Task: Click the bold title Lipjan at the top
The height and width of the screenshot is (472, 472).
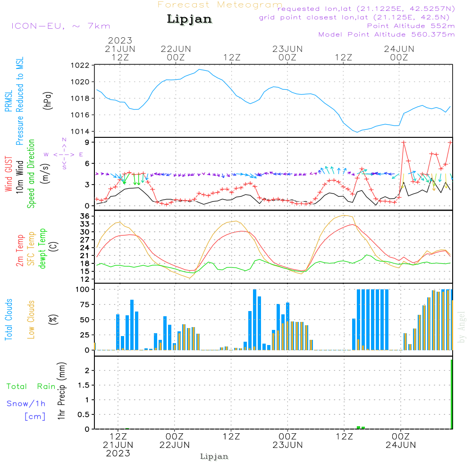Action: pyautogui.click(x=189, y=19)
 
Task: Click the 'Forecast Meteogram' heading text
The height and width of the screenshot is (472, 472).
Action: pyautogui.click(x=220, y=5)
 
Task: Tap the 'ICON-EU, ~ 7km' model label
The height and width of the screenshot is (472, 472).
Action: pyautogui.click(x=60, y=26)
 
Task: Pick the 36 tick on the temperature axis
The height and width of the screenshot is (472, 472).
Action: pyautogui.click(x=85, y=216)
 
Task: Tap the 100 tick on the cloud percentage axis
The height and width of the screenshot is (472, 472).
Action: pyautogui.click(x=83, y=289)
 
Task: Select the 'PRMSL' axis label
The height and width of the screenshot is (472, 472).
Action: pyautogui.click(x=8, y=102)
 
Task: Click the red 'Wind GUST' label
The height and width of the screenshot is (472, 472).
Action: pyautogui.click(x=8, y=175)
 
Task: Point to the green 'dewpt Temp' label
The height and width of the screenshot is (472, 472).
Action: pyautogui.click(x=42, y=249)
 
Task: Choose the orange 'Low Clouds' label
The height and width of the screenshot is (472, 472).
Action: pyautogui.click(x=31, y=319)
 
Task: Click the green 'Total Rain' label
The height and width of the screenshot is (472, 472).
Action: pyautogui.click(x=31, y=386)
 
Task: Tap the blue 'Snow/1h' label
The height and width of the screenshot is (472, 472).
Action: pyautogui.click(x=26, y=404)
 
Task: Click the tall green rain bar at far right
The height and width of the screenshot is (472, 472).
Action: pyautogui.click(x=452, y=394)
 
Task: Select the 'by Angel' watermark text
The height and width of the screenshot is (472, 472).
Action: pyautogui.click(x=462, y=328)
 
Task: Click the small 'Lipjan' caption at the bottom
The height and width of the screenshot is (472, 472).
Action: pyautogui.click(x=214, y=456)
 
